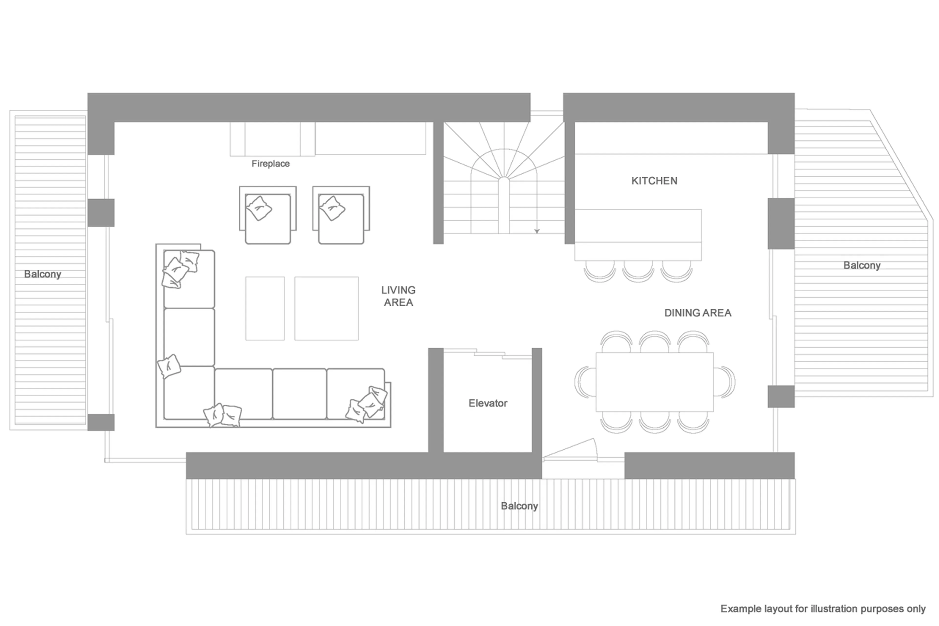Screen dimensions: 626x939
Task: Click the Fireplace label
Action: (x=270, y=164)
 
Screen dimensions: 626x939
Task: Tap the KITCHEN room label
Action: (x=654, y=181)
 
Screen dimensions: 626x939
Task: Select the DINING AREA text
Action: (x=698, y=313)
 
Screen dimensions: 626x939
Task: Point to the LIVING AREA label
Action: (x=398, y=296)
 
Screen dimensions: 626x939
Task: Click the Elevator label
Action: (x=488, y=403)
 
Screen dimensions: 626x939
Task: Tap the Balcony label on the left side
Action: (x=42, y=274)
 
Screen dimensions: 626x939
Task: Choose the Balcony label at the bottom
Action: (x=519, y=506)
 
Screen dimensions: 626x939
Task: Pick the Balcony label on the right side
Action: (x=861, y=265)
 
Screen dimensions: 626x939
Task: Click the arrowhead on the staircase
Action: (x=537, y=231)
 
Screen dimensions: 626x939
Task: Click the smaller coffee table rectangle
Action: (x=265, y=309)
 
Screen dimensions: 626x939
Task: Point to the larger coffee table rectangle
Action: (x=326, y=309)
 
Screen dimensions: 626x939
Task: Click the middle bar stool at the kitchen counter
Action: (x=638, y=272)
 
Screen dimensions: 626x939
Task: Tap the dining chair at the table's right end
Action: (x=725, y=382)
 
